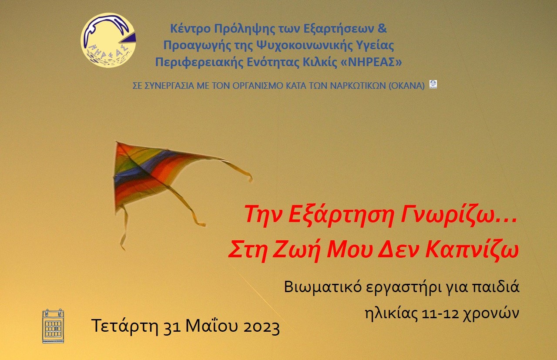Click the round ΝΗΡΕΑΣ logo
pos(108,40)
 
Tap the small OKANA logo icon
pos(433,84)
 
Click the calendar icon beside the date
pos(53,326)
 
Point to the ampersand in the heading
pos(382,28)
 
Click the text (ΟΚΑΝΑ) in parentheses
pos(406,86)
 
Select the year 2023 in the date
pos(262,326)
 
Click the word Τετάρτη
pos(125,326)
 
